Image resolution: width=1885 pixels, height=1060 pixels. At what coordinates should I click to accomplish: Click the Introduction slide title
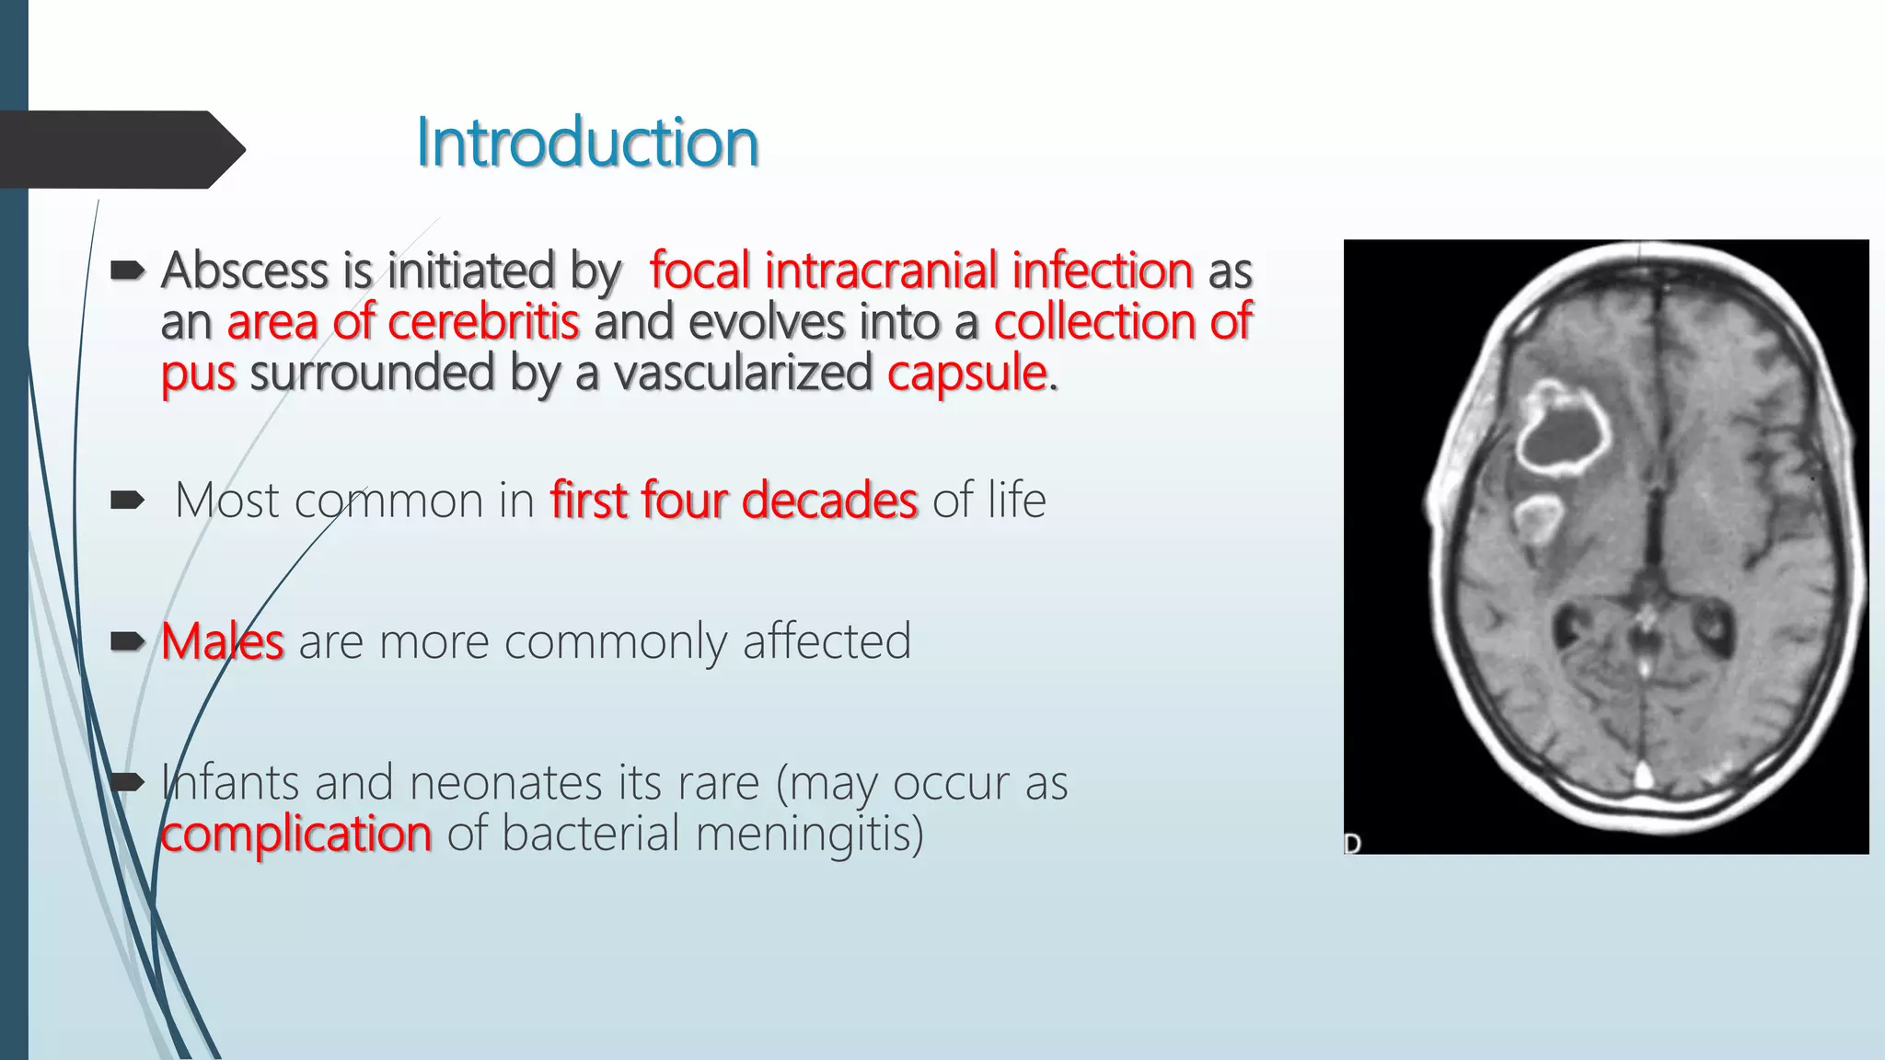(587, 144)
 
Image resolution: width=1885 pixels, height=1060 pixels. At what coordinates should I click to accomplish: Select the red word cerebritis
(483, 322)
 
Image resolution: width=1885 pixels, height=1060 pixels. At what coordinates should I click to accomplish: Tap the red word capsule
(966, 374)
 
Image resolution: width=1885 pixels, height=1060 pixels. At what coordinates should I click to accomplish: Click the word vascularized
(743, 374)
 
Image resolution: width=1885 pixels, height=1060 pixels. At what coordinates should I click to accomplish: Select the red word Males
(223, 641)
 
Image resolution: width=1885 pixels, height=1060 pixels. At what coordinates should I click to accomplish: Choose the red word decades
(829, 501)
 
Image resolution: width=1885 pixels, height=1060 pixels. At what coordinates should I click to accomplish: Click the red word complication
(295, 834)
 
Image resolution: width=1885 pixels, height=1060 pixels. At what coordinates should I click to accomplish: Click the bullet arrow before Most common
(127, 501)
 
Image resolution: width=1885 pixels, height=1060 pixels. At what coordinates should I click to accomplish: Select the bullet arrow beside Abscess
(127, 271)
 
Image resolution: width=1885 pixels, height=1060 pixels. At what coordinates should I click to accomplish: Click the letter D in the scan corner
(1352, 843)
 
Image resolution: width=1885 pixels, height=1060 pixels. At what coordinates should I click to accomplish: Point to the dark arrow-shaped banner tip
(230, 149)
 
